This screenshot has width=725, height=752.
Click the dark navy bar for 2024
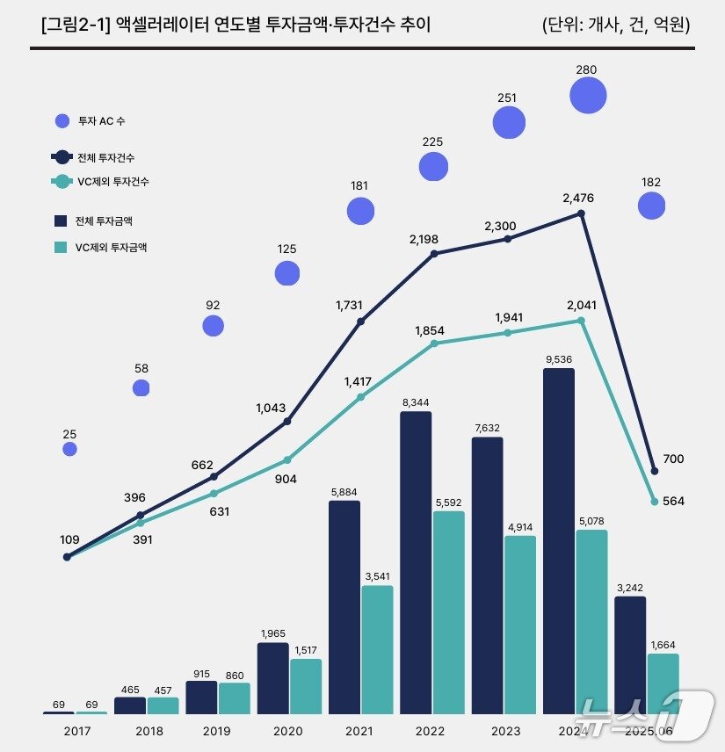pos(559,540)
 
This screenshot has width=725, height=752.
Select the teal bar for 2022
pos(448,612)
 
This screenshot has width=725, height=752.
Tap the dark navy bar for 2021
pos(344,607)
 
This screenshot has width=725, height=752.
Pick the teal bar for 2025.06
pos(663,683)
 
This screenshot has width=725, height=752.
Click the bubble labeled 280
pos(588,96)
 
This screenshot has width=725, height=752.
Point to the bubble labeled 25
pos(70,449)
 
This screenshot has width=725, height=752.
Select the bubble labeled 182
pos(651,206)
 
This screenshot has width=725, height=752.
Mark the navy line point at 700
pos(654,470)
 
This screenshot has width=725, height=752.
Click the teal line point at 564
pos(654,502)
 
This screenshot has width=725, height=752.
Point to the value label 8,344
pos(416,401)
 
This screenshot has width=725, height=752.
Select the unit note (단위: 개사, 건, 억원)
pos(616,25)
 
